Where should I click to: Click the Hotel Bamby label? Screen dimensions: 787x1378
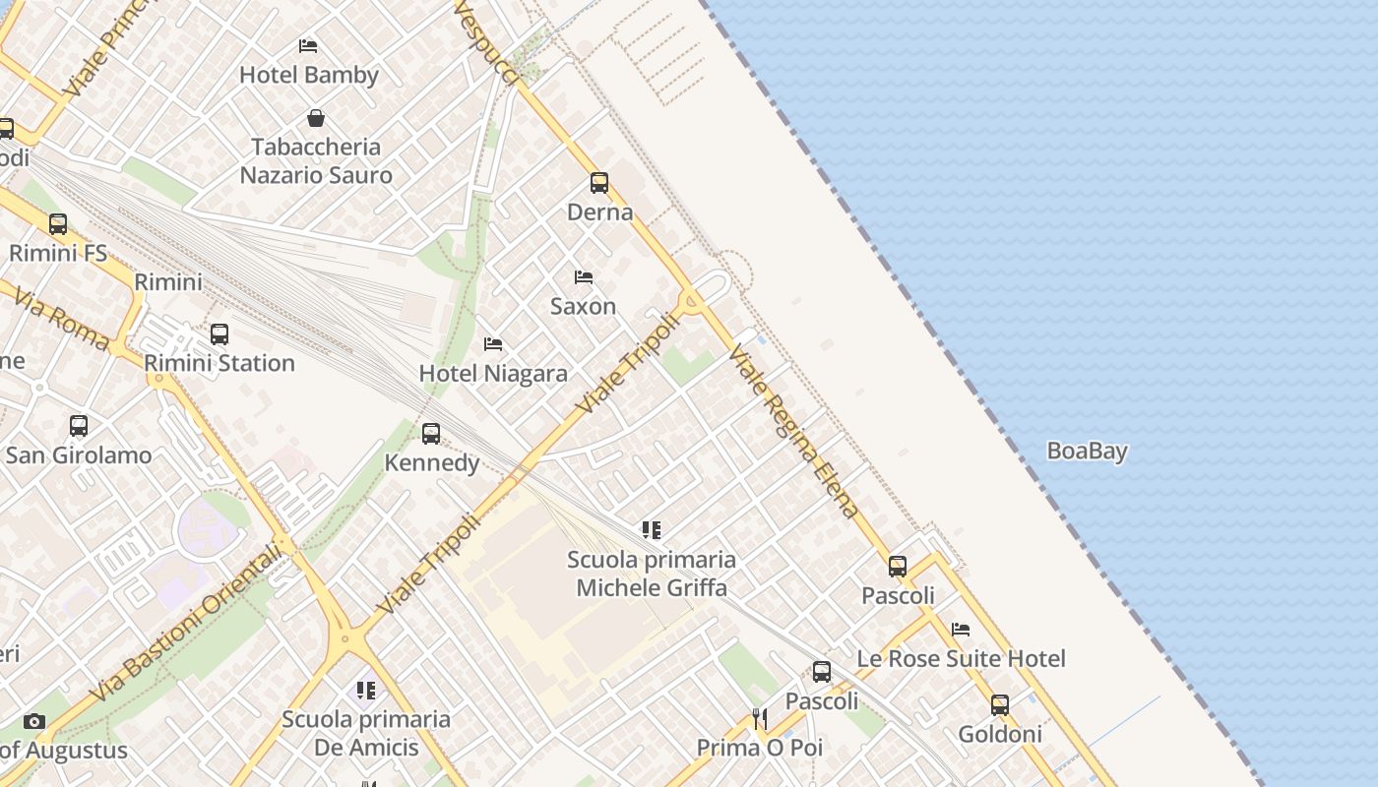309,75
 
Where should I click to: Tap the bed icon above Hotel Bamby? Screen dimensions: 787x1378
308,45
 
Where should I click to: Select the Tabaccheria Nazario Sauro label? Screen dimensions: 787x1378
316,161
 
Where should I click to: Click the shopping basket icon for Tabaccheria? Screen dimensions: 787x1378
316,118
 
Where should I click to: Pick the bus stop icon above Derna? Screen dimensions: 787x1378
599,182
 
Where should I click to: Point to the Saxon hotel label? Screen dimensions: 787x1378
583,306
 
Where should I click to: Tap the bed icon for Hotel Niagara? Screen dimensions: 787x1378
493,343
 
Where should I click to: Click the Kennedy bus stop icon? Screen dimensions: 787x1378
430,433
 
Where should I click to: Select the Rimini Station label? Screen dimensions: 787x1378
219,363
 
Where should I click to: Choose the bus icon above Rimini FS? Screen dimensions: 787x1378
58,223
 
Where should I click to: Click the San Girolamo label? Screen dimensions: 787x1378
79,455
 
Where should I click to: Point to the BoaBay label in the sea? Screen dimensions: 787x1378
1087,452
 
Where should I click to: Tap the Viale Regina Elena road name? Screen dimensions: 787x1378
793,432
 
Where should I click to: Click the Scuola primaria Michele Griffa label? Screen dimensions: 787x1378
652,574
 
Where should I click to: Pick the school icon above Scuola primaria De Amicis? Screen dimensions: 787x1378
366,691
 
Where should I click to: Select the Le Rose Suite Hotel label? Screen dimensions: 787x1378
961,659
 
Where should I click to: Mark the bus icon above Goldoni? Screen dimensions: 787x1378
1000,704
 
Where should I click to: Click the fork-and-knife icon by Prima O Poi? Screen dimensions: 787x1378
760,719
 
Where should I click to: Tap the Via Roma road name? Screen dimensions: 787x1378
61,319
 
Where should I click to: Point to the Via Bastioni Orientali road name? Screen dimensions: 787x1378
186,625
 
